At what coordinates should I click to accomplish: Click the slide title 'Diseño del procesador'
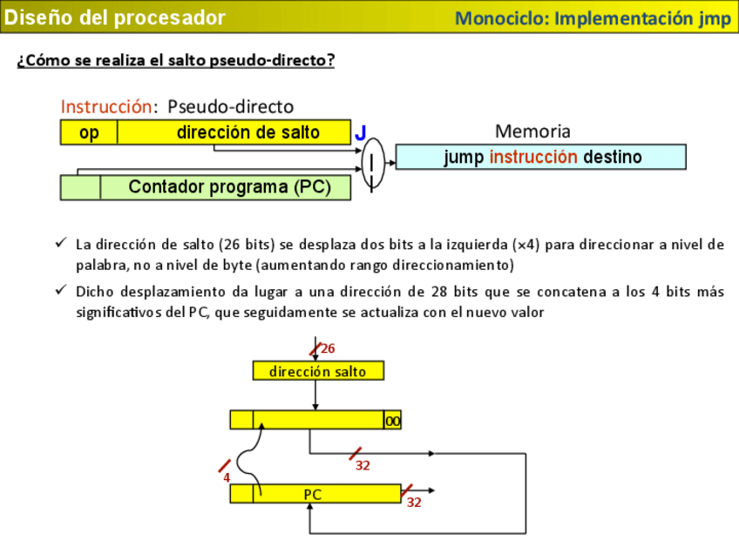tap(115, 17)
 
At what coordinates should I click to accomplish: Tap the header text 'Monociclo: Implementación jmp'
tap(593, 18)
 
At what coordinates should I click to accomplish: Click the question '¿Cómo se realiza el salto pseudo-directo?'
tap(175, 60)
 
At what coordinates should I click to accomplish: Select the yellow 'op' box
tap(89, 132)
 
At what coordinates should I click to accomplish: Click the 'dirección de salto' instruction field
tap(247, 132)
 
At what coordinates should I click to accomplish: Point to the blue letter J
tap(361, 133)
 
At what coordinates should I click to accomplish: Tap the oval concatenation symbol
tap(372, 163)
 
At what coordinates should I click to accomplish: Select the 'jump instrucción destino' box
tap(541, 158)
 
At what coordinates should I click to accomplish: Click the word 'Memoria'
tap(532, 132)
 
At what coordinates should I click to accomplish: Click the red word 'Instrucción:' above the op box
tap(105, 106)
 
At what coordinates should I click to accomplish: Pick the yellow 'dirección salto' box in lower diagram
tap(317, 371)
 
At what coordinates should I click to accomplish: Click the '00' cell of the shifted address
tap(393, 421)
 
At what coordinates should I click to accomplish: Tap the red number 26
tap(328, 348)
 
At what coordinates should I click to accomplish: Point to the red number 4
tap(227, 477)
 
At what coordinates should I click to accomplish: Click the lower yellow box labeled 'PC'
tap(314, 494)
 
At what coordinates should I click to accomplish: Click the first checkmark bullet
tap(60, 243)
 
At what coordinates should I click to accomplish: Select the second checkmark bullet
tap(60, 290)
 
